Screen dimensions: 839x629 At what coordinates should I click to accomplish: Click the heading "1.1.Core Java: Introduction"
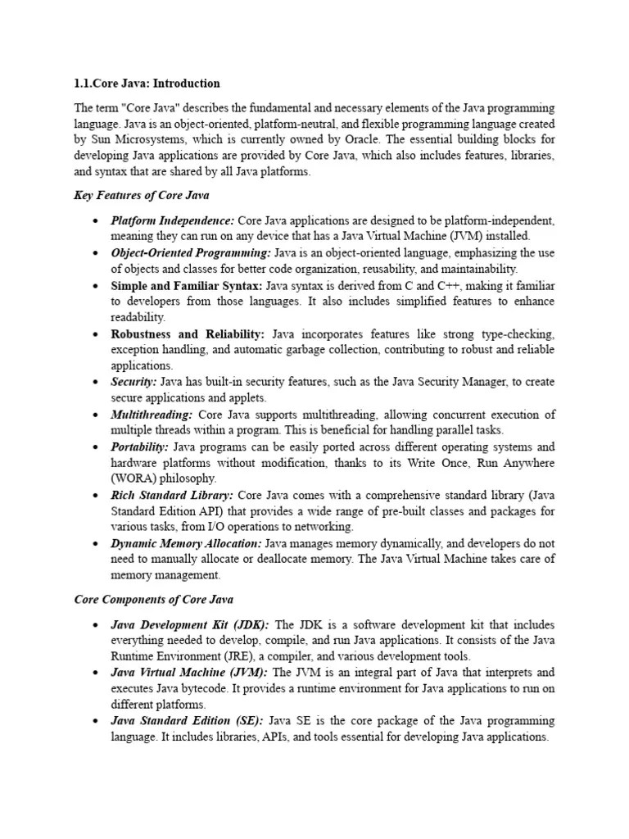147,84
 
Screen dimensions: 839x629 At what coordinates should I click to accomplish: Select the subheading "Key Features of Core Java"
142,195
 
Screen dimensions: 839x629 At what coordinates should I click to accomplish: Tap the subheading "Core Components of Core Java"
154,599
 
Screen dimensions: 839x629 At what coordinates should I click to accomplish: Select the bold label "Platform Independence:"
173,221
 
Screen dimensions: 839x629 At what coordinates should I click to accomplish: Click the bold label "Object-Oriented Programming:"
191,253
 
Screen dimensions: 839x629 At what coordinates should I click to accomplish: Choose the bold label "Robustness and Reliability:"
188,334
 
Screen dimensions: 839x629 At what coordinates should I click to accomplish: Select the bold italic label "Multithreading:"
152,415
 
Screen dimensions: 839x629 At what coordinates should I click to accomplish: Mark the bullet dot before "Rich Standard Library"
97,496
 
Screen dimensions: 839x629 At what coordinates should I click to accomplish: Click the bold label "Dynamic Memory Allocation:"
187,543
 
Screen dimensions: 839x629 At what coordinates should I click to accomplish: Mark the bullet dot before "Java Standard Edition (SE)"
97,721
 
